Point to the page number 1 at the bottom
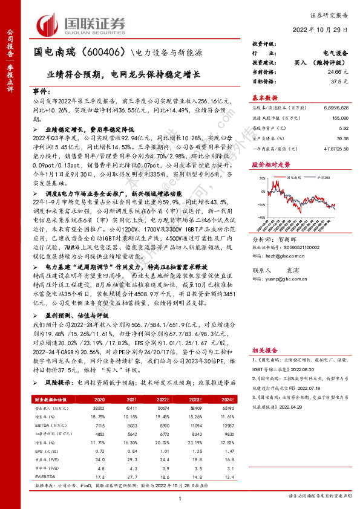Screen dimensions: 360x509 point(180,498)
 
